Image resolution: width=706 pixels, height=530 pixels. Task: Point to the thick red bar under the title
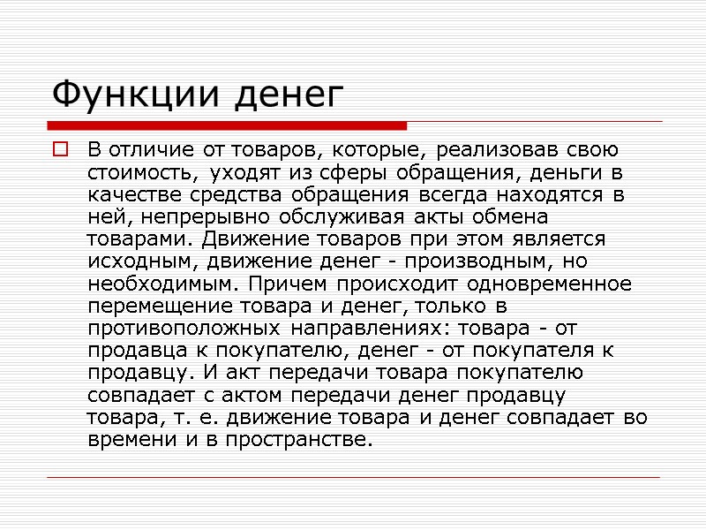tap(226, 126)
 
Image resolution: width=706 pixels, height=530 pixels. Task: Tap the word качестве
tap(127, 193)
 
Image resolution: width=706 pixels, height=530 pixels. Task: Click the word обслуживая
tap(345, 216)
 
